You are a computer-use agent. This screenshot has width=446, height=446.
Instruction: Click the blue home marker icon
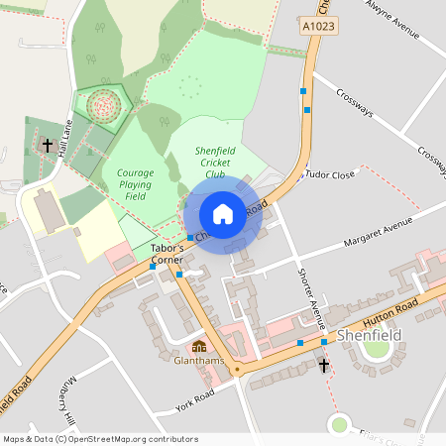[223, 214]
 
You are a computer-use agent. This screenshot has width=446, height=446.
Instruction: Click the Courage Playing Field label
[135, 183]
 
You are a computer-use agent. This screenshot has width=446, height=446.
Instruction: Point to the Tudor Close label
[330, 174]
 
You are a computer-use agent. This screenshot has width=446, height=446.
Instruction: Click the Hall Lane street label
[65, 140]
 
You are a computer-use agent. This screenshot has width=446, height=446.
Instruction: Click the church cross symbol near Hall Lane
[47, 146]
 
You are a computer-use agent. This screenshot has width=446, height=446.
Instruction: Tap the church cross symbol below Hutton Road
[323, 366]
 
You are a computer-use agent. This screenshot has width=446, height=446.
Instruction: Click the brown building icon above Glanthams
[198, 347]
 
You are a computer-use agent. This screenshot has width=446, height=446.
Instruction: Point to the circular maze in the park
[102, 103]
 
